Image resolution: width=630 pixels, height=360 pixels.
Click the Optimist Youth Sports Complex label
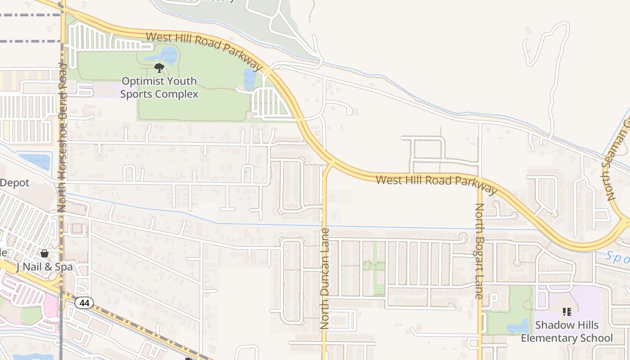[x=159, y=88]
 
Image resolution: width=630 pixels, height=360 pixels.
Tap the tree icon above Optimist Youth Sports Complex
[x=159, y=68]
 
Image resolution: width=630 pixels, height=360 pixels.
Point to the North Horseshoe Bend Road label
[x=62, y=137]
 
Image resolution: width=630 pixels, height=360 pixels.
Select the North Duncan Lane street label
[x=324, y=278]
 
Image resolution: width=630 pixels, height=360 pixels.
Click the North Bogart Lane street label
[x=479, y=251]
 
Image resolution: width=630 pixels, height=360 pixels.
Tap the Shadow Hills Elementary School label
[x=567, y=331]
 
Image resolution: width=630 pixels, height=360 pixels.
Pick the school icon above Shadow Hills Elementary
[x=567, y=311]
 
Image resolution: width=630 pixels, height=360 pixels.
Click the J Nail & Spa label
[x=44, y=267]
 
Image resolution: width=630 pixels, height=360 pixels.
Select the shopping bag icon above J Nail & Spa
[x=45, y=253]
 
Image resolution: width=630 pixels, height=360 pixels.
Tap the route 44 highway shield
[x=84, y=303]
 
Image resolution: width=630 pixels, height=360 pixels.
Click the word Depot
[x=14, y=183]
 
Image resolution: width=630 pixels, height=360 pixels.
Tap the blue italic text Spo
[x=617, y=257]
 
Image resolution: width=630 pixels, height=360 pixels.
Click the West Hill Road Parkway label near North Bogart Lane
[x=436, y=182]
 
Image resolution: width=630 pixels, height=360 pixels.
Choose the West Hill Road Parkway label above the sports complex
[x=203, y=50]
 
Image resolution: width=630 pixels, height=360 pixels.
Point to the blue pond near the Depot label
[x=35, y=161]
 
